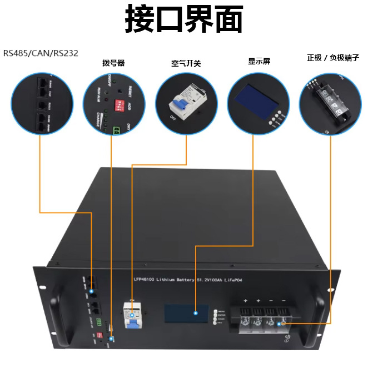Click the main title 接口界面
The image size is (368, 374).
[184, 21]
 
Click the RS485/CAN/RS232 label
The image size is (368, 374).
[41, 53]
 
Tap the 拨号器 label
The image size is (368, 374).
[113, 63]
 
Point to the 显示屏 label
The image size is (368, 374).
[259, 61]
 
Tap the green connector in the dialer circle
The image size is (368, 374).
[117, 131]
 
